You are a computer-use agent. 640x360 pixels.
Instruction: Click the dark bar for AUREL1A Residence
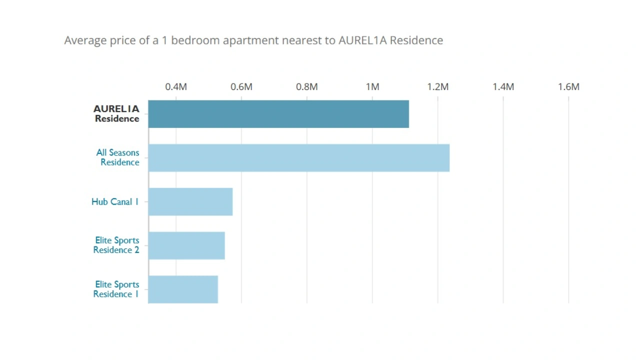pyautogui.click(x=278, y=114)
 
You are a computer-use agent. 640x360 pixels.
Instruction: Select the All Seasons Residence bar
pyautogui.click(x=299, y=158)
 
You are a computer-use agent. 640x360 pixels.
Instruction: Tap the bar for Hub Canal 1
pyautogui.click(x=190, y=201)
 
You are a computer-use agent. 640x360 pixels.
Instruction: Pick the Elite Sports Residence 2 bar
pyautogui.click(x=186, y=245)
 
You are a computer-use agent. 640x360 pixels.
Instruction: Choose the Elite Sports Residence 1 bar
pyautogui.click(x=183, y=289)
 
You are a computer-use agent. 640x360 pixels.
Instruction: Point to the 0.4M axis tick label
pyautogui.click(x=176, y=87)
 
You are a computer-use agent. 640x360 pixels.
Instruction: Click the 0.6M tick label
pyautogui.click(x=241, y=87)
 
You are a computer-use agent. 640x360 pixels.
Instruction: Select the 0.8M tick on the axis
pyautogui.click(x=307, y=87)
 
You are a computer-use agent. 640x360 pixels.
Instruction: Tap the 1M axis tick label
pyautogui.click(x=372, y=87)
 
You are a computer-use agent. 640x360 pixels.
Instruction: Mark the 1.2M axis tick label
pyautogui.click(x=438, y=87)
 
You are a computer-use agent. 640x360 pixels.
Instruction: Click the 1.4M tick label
pyautogui.click(x=503, y=87)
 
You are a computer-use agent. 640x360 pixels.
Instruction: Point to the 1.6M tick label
pyautogui.click(x=568, y=87)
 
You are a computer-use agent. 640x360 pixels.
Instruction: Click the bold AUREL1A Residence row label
pyautogui.click(x=116, y=114)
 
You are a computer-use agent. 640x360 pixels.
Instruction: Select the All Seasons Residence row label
pyautogui.click(x=118, y=157)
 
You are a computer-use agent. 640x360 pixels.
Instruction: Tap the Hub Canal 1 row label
pyautogui.click(x=115, y=202)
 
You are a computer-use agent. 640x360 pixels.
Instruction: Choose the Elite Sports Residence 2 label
pyautogui.click(x=116, y=245)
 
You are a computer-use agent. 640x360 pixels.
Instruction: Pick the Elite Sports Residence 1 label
pyautogui.click(x=116, y=289)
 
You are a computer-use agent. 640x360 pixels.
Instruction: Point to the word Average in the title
pyautogui.click(x=86, y=40)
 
